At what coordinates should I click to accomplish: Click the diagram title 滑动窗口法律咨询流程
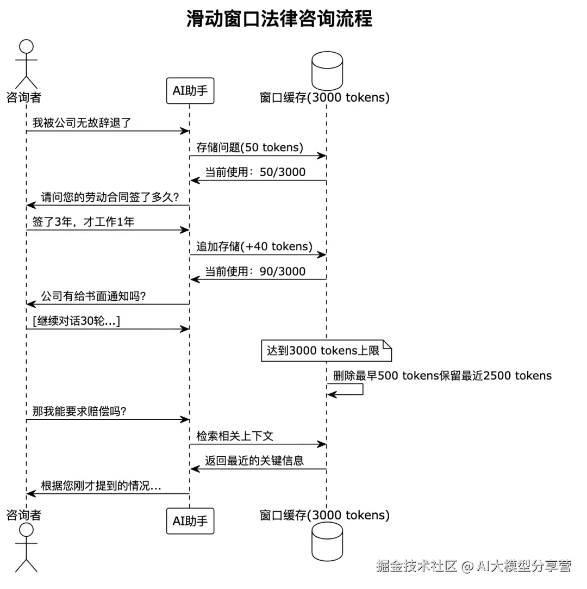click(x=279, y=19)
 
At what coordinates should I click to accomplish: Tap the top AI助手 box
click(x=190, y=91)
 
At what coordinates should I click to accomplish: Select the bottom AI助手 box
click(x=190, y=521)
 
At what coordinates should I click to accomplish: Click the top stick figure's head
click(x=26, y=47)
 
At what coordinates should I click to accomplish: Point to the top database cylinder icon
click(x=327, y=71)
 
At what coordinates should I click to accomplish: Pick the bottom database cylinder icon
click(x=327, y=541)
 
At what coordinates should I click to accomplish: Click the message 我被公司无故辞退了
click(x=82, y=123)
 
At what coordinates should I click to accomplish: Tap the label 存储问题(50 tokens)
click(x=249, y=147)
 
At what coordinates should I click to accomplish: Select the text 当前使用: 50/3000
click(x=255, y=172)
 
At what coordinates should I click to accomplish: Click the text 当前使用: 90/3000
click(x=255, y=271)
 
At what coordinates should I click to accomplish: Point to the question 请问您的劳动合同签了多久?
click(x=110, y=197)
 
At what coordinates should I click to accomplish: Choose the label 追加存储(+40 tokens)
click(x=254, y=247)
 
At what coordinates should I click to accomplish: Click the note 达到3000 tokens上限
click(x=326, y=351)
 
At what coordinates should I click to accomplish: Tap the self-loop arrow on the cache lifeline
click(x=363, y=389)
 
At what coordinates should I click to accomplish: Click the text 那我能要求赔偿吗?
click(x=79, y=411)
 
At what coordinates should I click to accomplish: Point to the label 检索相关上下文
click(x=235, y=436)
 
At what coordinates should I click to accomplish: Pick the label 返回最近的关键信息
click(x=254, y=461)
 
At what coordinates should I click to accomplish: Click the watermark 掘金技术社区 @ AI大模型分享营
click(x=473, y=566)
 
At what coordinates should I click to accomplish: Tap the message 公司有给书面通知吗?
click(x=93, y=296)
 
